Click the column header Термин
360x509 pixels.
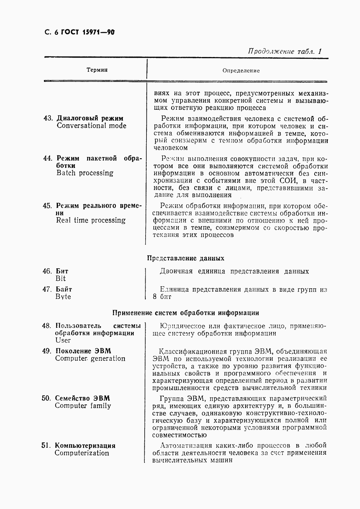pos(97,70)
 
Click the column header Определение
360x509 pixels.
pos(241,71)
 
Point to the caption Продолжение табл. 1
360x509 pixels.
pos(284,51)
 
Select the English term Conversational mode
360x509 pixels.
pos(91,126)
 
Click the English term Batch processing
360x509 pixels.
pos(85,173)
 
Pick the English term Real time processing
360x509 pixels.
pos(90,220)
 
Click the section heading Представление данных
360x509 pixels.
pos(186,258)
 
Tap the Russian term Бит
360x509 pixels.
pos(62,271)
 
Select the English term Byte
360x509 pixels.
pos(63,297)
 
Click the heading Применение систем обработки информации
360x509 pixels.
pos(186,313)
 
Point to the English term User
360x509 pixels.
pos(63,340)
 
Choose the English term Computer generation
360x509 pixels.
pos(90,359)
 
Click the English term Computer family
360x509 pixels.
pos(83,406)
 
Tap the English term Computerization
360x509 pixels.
pos(82,453)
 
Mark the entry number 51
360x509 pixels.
pos(45,446)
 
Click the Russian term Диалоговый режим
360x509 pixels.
pos(90,119)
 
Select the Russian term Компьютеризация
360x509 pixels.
pos(85,446)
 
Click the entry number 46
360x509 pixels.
pos(47,271)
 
